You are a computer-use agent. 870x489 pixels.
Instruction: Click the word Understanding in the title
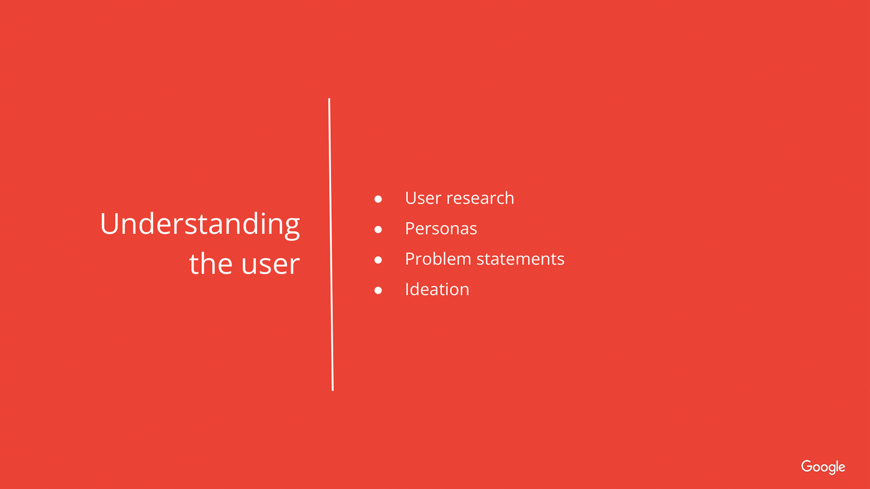pos(200,225)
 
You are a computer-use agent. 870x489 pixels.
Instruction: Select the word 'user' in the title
pos(271,265)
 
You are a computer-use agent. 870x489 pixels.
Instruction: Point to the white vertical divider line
pos(331,244)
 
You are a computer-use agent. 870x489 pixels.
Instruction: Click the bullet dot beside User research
pos(378,199)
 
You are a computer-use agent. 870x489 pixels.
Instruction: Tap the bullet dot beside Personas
pos(378,230)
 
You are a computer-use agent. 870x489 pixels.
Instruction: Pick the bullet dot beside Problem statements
pos(378,260)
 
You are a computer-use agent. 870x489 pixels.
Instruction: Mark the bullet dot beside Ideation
pos(378,290)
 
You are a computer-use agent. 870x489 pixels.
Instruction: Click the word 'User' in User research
pos(423,198)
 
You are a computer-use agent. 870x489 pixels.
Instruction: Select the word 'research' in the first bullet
pos(480,198)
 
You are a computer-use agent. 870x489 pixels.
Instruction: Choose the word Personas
pos(441,229)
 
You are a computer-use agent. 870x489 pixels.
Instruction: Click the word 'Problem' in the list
pos(438,259)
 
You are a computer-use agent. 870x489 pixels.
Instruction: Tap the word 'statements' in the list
pos(521,259)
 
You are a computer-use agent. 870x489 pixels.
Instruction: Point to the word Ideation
pos(437,289)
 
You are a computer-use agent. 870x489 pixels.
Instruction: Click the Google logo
pos(823,467)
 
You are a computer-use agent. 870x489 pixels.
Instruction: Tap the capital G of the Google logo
pos(807,466)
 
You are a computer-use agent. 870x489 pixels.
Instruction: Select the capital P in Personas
pos(411,229)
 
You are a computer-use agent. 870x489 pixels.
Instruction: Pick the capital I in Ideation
pos(407,289)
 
